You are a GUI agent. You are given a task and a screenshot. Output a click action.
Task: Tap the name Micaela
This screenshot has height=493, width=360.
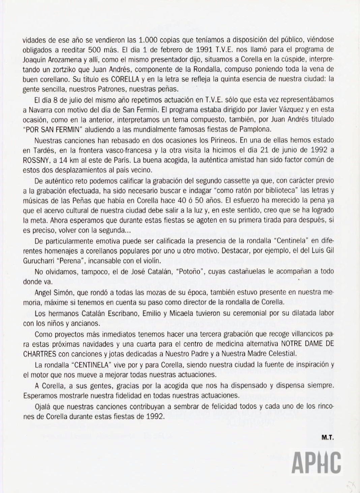point(185,313)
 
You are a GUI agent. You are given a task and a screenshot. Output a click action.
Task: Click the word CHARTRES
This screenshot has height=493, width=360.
point(40,354)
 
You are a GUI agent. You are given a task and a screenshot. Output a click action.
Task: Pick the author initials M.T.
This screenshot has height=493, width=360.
point(327,438)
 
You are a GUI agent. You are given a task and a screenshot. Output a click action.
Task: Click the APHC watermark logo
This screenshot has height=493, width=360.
point(317,462)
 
